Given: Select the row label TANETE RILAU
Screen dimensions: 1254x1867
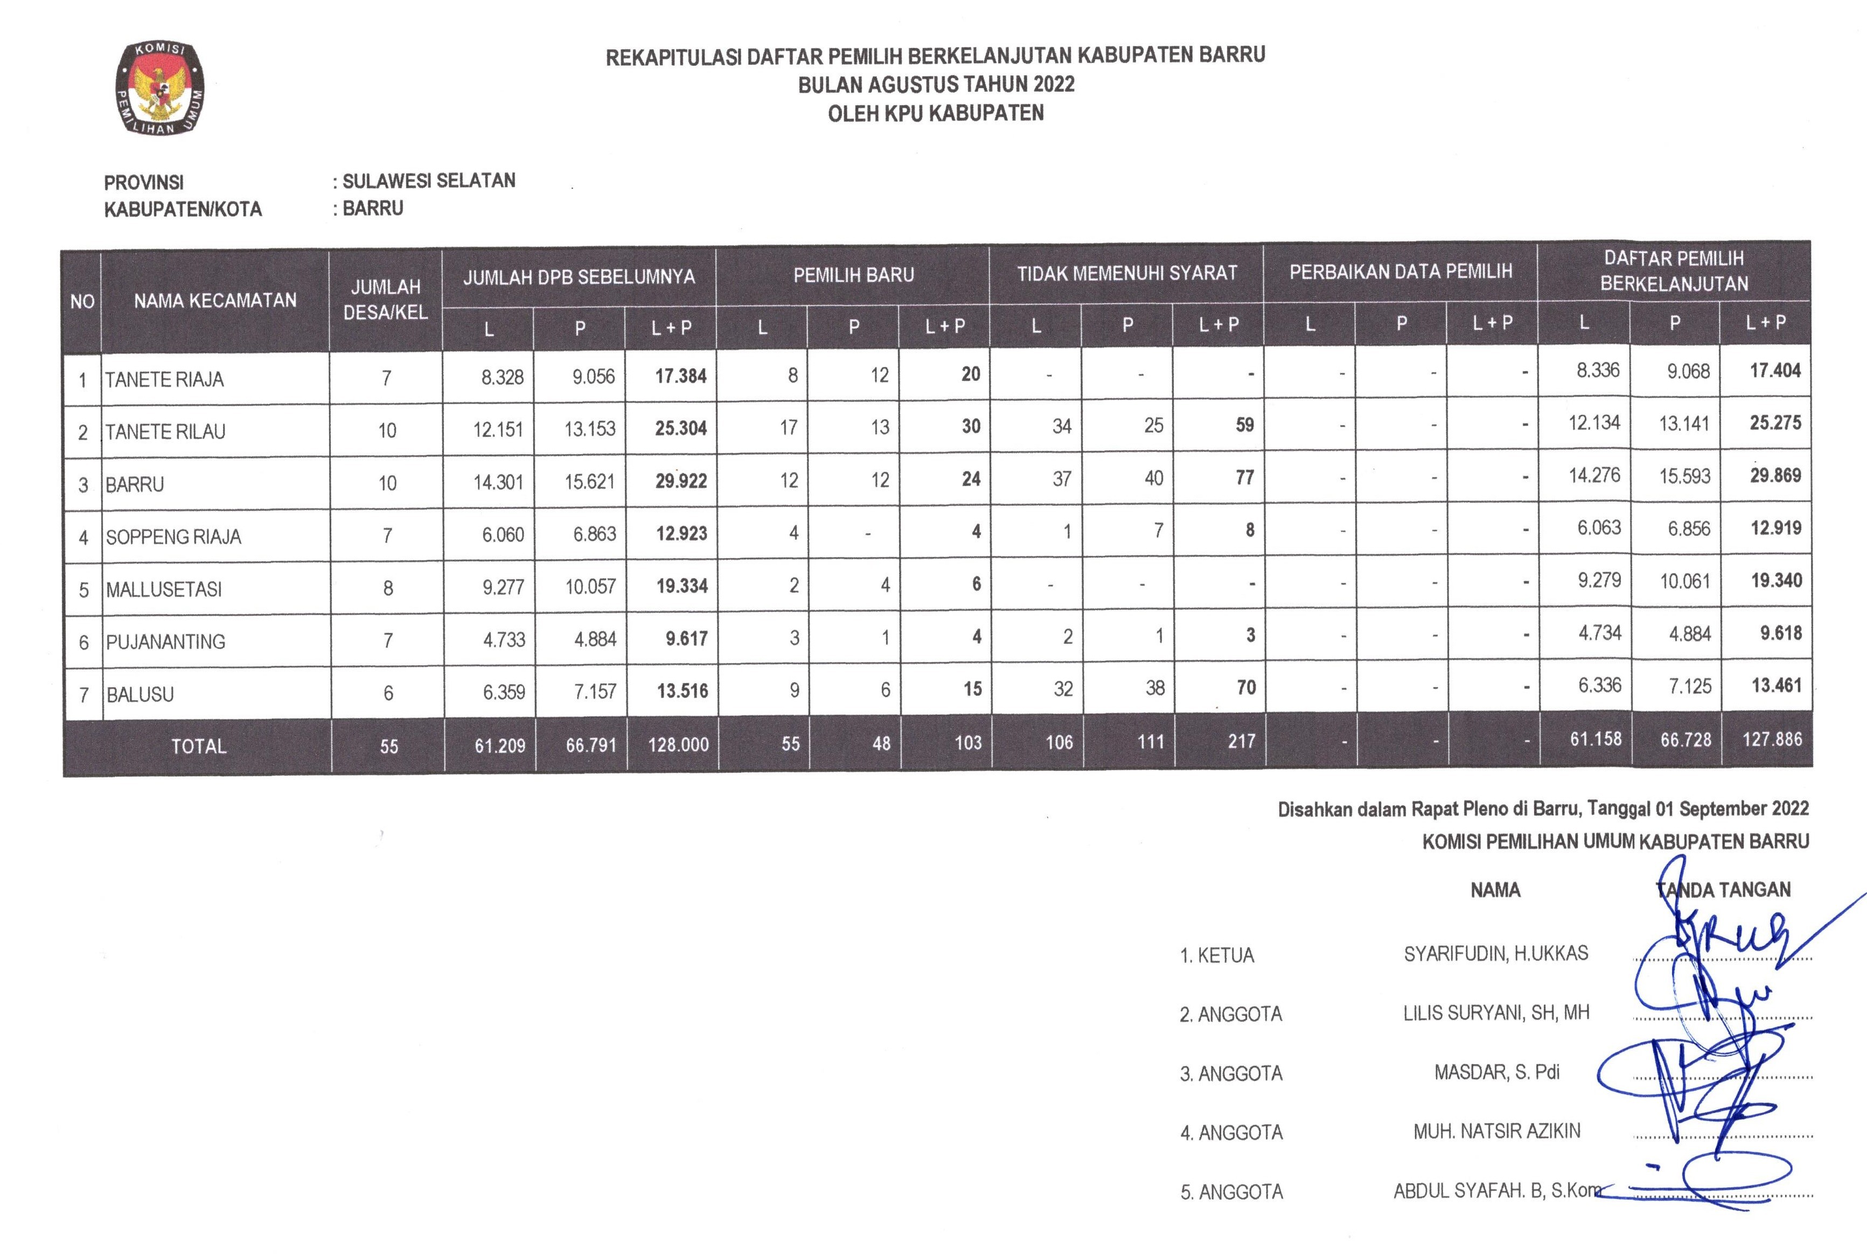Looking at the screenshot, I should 165,432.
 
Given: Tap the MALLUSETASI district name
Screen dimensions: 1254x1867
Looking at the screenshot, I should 164,589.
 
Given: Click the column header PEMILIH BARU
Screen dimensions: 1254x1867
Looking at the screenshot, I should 853,275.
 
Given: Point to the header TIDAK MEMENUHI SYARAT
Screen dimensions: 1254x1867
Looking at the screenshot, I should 1126,274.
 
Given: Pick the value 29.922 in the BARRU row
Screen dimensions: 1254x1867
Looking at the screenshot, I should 680,480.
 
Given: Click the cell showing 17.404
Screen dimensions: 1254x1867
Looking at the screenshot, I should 1775,370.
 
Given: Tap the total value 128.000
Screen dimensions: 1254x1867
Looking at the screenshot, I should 678,744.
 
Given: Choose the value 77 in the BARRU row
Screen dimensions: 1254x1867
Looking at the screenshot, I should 1244,477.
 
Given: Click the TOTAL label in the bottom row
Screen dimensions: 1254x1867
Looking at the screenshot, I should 198,746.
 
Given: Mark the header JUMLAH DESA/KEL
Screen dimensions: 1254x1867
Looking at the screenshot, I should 385,299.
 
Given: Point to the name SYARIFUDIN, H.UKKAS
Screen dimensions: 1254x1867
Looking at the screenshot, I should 1496,953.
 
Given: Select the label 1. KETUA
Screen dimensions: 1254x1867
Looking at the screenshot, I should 1217,955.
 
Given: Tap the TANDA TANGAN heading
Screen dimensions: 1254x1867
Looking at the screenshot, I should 1723,889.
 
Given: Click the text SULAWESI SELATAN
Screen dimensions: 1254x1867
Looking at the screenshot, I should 429,181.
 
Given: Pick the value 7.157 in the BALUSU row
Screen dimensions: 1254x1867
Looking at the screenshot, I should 595,691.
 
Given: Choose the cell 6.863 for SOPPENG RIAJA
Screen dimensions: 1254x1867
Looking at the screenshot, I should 594,533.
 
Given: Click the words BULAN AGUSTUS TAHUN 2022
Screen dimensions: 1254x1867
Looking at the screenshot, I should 936,84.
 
